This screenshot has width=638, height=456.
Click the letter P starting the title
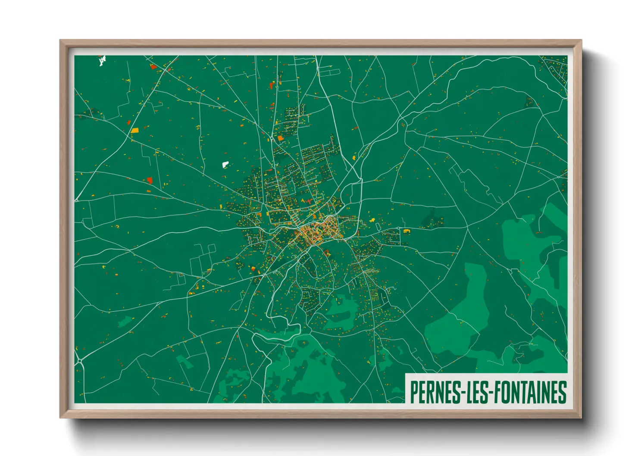pos(413,392)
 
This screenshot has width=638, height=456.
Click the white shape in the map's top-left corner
pos(102,61)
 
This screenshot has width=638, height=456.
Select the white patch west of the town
pos(225,164)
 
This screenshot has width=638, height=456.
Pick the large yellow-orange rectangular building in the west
pos(135,130)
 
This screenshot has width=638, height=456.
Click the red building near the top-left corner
pos(153,67)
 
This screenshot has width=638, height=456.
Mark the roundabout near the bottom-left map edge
pos(79,361)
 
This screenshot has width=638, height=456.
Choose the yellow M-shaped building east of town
pos(406,231)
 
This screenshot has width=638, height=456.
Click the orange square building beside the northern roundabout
pos(281,138)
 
